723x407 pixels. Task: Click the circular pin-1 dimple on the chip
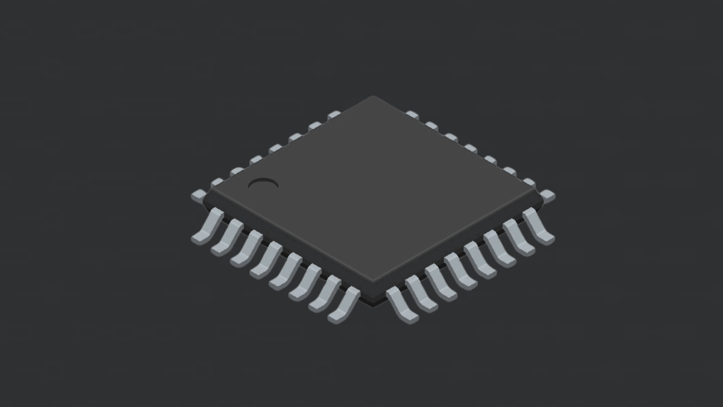[263, 184]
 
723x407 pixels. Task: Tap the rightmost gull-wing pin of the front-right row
[539, 226]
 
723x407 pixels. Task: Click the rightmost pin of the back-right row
[548, 196]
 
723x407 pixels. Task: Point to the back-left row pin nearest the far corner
[334, 114]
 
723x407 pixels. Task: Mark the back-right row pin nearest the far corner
[412, 115]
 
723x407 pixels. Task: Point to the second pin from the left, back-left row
[217, 183]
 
